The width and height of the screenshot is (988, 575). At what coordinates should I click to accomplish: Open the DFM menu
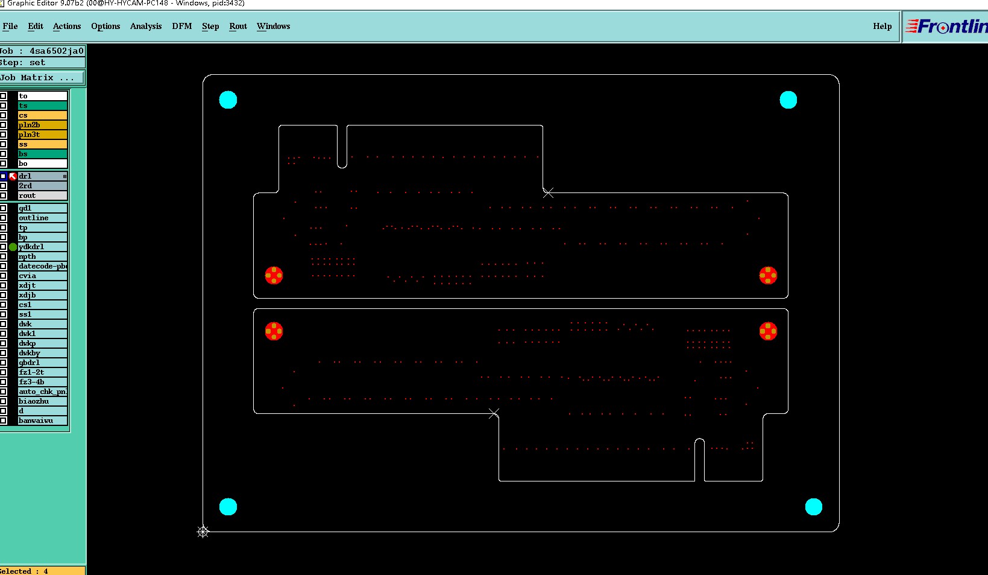click(x=181, y=26)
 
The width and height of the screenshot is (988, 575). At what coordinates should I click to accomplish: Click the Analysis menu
click(x=146, y=26)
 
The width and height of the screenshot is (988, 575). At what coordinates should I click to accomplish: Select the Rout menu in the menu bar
click(x=238, y=26)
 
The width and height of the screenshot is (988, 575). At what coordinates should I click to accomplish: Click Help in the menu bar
click(x=882, y=26)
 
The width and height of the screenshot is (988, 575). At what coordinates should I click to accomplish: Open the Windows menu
click(x=273, y=26)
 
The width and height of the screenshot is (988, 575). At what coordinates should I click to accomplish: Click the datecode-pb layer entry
click(x=42, y=266)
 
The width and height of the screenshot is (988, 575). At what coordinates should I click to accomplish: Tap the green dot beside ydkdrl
click(x=13, y=247)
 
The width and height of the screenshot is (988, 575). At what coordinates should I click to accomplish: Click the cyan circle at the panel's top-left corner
click(x=228, y=100)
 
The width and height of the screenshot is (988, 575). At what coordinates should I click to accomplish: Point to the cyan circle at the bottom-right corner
click(x=813, y=507)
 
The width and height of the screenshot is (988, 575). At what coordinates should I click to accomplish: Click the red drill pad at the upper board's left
click(x=274, y=276)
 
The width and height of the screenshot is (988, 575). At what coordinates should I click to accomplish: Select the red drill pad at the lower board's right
click(x=768, y=331)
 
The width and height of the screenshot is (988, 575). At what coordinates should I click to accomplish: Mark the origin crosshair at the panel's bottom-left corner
click(x=203, y=532)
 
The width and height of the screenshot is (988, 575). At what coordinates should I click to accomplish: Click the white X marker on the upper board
click(x=548, y=192)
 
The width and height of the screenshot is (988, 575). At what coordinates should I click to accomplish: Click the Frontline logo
click(x=946, y=27)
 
